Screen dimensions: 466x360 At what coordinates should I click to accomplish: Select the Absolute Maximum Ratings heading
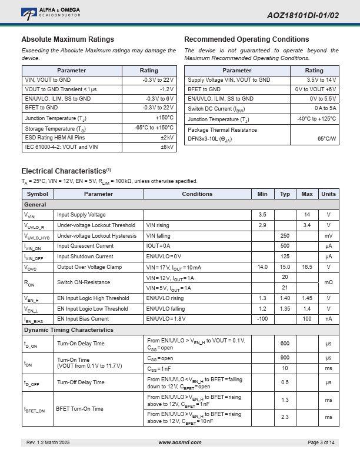coord(68,39)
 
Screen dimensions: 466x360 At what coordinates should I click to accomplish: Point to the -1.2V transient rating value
coord(166,89)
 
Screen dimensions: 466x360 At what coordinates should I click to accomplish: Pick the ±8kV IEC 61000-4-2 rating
coord(167,147)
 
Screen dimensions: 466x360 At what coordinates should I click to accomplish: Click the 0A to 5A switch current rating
coord(325,108)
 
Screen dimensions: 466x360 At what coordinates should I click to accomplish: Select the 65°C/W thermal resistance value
coord(326,139)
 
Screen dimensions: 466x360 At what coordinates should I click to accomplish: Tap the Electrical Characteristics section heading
coord(64,171)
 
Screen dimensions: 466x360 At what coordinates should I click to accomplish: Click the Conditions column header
coord(197,194)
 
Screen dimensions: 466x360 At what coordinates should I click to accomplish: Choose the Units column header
coord(328,194)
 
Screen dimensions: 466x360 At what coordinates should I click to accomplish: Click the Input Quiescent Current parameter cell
coord(85,246)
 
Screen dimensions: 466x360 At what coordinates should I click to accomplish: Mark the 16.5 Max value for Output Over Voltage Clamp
coord(307,267)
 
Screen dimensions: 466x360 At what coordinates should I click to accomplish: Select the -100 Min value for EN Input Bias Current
coord(262,319)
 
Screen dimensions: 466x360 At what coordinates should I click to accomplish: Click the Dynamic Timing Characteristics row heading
coord(68,330)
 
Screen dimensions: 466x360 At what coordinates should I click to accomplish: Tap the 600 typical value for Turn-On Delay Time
coord(285,344)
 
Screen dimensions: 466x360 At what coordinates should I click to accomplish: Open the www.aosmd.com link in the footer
coord(180,442)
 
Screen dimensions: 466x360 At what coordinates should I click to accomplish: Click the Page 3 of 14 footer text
coord(321,442)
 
